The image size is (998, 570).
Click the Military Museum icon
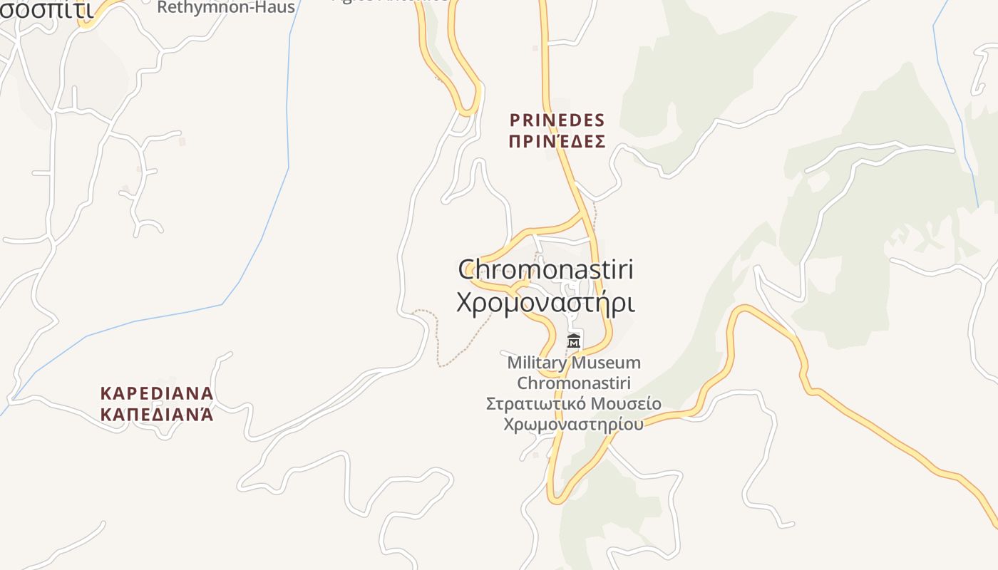573,341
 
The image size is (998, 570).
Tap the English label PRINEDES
557,120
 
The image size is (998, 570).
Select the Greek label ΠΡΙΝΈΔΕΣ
557,141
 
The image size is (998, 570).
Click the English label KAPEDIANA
157,393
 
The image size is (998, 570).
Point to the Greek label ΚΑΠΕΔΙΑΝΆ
157,414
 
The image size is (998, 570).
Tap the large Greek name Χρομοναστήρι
545,303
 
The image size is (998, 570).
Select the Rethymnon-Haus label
225,8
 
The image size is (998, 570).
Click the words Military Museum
573,363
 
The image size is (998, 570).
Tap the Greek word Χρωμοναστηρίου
573,424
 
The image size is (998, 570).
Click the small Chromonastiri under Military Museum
573,383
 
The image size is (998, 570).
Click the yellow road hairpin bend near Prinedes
468,110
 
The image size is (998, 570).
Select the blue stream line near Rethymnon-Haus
288,107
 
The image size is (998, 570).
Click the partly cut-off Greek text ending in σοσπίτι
46,9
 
